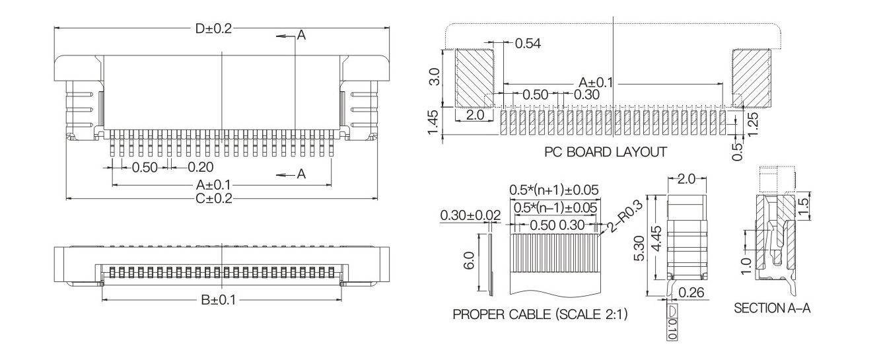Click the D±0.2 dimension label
[213, 28]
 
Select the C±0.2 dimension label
[214, 198]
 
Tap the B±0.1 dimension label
[219, 300]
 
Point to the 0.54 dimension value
[528, 44]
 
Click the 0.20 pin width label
[201, 167]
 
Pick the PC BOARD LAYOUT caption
[606, 152]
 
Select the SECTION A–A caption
[772, 308]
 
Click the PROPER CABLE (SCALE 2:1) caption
[540, 314]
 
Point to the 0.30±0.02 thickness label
[470, 215]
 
